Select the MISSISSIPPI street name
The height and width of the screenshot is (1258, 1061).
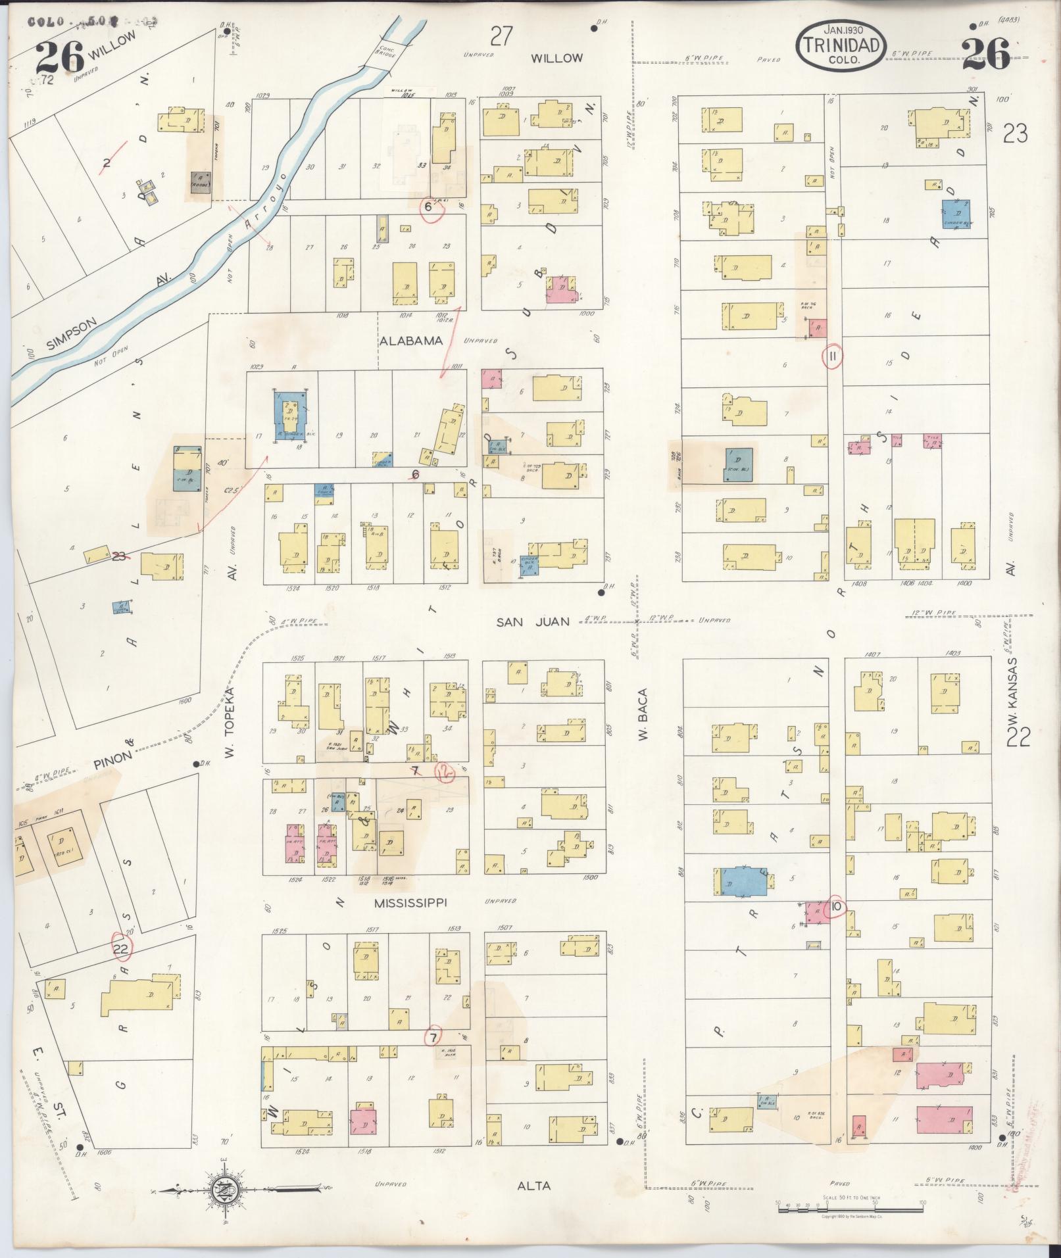410,903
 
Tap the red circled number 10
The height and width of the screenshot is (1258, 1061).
837,906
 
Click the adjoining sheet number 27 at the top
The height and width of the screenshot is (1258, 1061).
501,36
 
